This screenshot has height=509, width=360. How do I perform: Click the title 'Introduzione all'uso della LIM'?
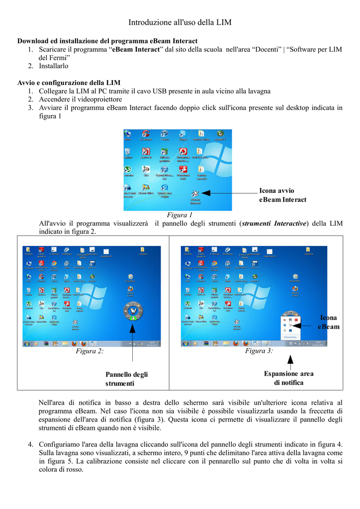coord(180,22)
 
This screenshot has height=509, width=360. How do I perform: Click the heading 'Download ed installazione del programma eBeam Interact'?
coord(107,41)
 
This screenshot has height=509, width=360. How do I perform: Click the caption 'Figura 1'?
coord(180,215)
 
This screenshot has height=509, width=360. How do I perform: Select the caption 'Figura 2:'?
coord(90,351)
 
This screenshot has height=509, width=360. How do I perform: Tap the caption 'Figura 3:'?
coord(259,351)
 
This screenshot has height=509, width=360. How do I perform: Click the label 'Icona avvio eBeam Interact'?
coord(282,195)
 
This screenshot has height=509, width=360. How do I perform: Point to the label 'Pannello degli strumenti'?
coord(126,379)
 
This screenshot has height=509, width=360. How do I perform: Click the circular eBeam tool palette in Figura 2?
coord(133,312)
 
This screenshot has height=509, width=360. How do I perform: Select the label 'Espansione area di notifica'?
coord(288,378)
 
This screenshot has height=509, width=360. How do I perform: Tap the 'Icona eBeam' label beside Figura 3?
coord(328,322)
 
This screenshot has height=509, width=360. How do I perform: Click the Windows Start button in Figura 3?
coord(185,343)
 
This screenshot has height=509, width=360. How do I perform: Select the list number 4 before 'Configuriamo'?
coord(30,443)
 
